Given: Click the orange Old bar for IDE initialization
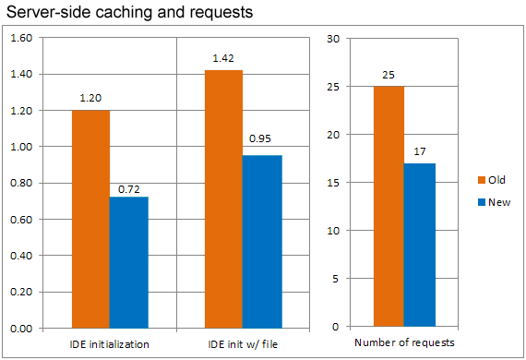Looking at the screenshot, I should click(90, 219).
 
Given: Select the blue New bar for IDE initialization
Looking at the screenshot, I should click(129, 262).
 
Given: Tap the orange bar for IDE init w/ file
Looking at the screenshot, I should click(223, 198).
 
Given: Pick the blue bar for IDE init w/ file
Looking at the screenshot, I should click(263, 241).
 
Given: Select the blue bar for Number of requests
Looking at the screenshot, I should click(419, 245).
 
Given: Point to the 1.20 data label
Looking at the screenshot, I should click(90, 96).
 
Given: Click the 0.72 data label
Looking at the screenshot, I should click(129, 189).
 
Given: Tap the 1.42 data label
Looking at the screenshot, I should click(223, 58).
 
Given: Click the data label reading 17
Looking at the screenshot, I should click(419, 151).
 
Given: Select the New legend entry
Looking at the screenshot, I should click(493, 202).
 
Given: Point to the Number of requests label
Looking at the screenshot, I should click(404, 343).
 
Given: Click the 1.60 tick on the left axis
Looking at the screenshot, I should click(20, 38).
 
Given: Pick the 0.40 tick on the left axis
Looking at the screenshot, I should click(20, 256).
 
